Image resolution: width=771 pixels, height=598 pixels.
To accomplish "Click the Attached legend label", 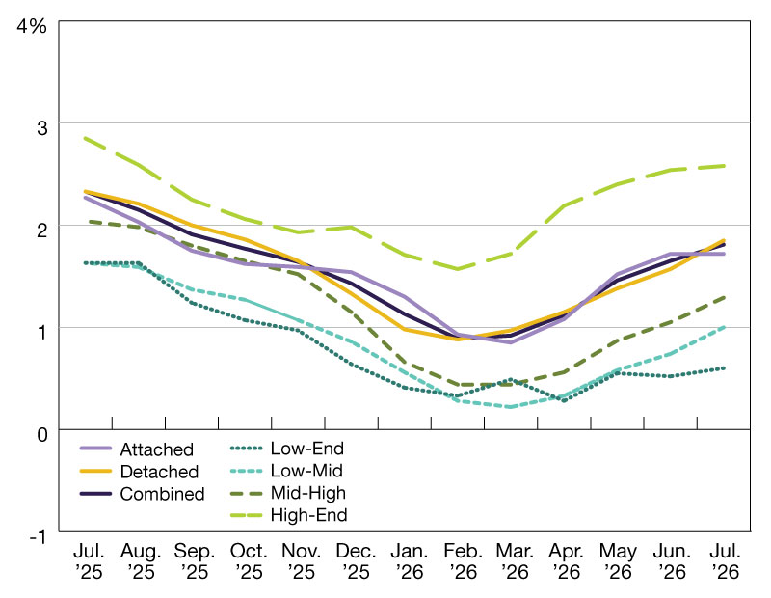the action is [x=156, y=449].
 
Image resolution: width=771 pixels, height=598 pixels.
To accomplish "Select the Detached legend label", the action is [x=159, y=472].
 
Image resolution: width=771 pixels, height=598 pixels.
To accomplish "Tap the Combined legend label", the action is [x=162, y=494].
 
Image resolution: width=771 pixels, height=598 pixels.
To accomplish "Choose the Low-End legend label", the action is [x=306, y=448].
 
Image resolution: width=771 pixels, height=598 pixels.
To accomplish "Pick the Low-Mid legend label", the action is [x=306, y=471].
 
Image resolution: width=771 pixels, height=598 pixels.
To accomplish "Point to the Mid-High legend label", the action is [x=307, y=493].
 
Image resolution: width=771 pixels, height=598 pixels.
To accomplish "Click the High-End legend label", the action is [x=308, y=515].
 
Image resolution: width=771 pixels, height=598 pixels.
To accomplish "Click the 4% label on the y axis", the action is [x=32, y=26].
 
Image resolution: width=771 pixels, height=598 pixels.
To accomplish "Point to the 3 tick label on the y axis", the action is [x=42, y=128].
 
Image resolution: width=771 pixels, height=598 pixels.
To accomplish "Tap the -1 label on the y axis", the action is [x=38, y=536].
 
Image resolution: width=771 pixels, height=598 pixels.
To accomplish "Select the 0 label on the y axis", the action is [x=42, y=435].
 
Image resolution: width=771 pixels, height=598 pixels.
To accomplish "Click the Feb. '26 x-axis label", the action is [x=462, y=561].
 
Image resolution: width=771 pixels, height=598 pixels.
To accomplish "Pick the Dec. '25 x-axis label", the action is [x=356, y=561].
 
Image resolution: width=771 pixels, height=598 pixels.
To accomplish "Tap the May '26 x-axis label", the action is [x=618, y=561].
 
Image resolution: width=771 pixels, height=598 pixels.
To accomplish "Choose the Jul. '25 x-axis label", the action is [x=89, y=561].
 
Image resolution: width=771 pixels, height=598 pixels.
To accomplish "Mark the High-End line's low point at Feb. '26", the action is [x=458, y=269].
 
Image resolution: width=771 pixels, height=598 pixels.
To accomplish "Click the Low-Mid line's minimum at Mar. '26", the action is [x=511, y=406].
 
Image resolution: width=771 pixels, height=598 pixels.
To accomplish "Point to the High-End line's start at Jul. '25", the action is [x=86, y=138].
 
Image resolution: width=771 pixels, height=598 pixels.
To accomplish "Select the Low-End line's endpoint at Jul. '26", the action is [x=724, y=368].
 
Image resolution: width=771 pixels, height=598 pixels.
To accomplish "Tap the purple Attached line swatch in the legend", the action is [x=95, y=448].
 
